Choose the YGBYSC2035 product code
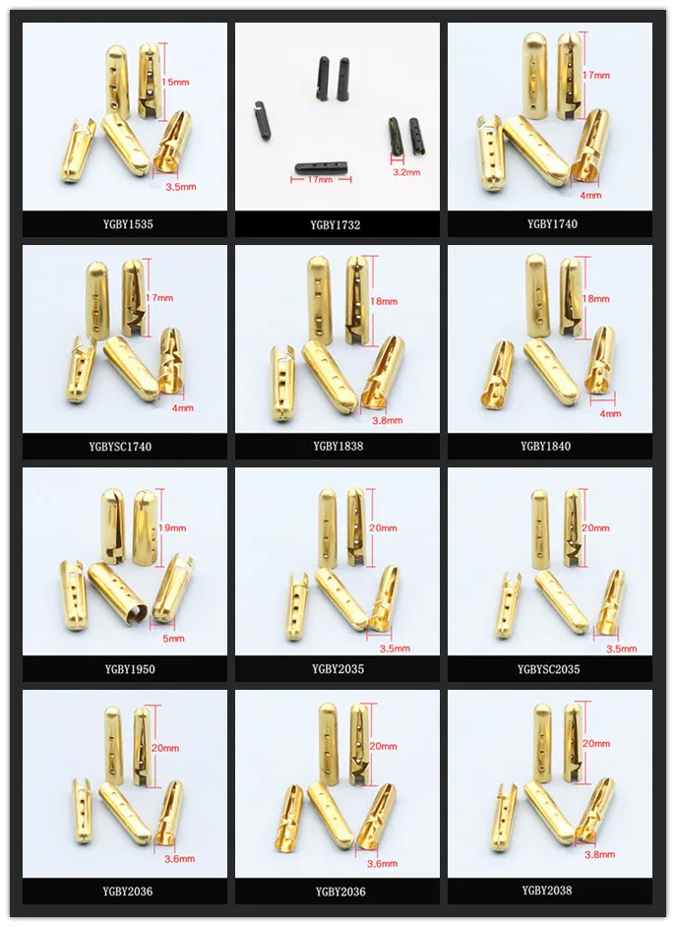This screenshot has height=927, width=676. click(548, 670)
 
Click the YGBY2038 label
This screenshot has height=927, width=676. click(547, 891)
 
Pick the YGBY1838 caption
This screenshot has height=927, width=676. click(338, 447)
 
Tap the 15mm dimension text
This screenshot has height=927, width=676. click(176, 83)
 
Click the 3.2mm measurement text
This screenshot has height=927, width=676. click(406, 172)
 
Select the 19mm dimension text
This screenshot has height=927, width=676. click(173, 528)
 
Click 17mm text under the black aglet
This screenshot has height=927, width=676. click(318, 181)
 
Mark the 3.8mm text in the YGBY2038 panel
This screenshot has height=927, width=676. click(611, 856)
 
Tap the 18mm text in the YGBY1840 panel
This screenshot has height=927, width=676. click(597, 298)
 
